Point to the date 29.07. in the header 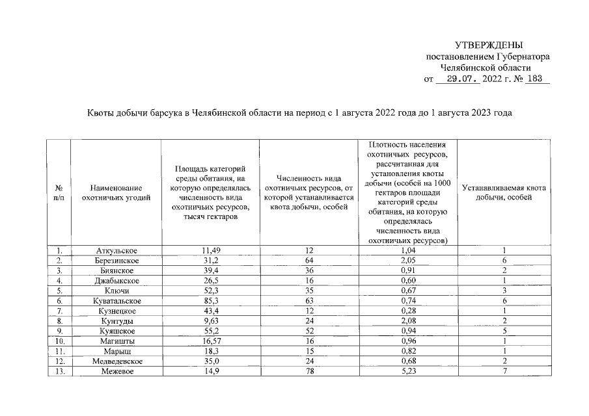(458, 79)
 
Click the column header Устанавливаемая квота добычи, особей (504, 193)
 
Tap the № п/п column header (59, 193)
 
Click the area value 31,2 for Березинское (210, 260)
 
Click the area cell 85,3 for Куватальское (210, 301)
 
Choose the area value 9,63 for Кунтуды (210, 321)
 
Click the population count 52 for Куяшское (309, 331)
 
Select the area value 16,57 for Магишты (210, 341)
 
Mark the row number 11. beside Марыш (59, 351)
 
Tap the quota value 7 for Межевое (504, 371)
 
